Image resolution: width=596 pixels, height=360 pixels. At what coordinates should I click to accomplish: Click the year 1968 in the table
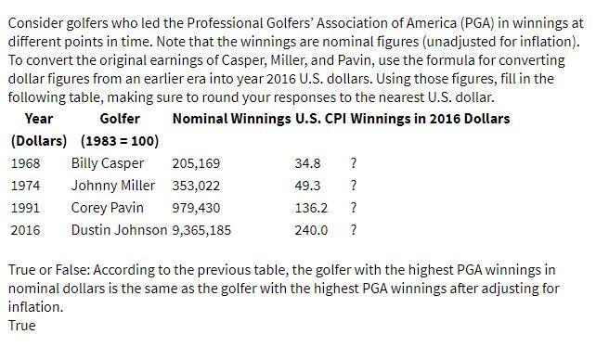point(25,163)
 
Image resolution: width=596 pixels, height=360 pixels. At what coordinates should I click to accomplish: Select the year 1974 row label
point(25,186)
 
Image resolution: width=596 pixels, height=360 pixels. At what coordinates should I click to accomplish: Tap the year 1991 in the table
point(25,208)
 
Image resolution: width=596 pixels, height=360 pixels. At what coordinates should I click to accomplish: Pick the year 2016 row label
point(25,230)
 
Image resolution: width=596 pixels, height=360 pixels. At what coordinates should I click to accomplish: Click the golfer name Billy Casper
point(108,163)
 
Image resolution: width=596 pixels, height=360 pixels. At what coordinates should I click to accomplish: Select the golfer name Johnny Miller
point(113,186)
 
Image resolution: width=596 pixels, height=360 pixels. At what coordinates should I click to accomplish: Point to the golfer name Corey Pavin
point(107,208)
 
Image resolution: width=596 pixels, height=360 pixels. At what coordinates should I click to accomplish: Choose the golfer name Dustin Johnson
point(120,230)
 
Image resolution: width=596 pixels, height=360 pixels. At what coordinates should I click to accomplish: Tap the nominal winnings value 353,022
point(197,186)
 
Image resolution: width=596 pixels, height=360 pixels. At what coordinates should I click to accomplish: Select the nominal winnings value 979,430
point(197,208)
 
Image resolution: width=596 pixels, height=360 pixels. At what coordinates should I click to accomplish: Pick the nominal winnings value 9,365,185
point(202,230)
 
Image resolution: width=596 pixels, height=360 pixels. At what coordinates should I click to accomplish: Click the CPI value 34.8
point(307,163)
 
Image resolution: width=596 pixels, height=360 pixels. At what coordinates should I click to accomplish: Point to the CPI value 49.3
point(307,186)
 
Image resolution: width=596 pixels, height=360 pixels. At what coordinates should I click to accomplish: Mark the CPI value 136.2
point(311,208)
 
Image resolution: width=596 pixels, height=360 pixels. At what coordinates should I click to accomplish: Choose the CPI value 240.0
point(311,230)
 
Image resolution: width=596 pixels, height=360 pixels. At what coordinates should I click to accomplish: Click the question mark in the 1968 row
point(353,163)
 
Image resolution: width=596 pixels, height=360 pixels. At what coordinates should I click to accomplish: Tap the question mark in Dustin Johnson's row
point(353,230)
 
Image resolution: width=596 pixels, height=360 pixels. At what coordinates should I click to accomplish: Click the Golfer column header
point(120,119)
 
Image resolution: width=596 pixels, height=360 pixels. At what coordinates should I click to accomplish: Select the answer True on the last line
point(21,326)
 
